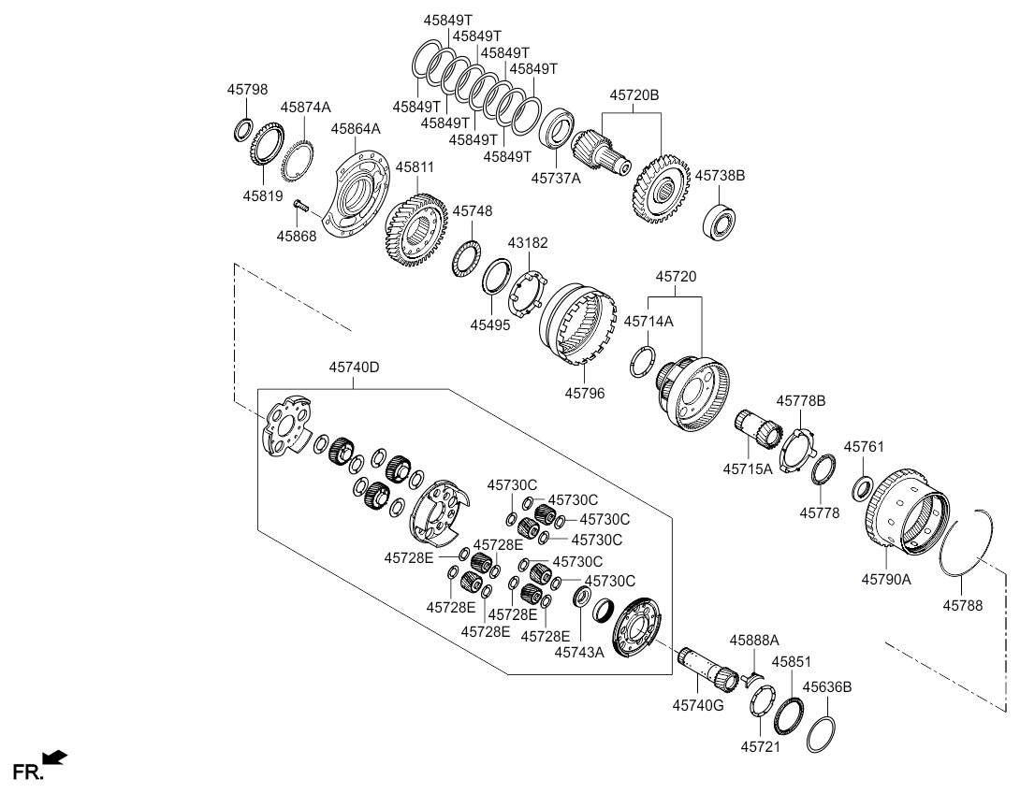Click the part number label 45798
pyautogui.click(x=247, y=90)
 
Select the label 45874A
pyautogui.click(x=304, y=108)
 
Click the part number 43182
pyautogui.click(x=528, y=243)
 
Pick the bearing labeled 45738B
pyautogui.click(x=722, y=219)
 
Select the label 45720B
pyautogui.click(x=634, y=95)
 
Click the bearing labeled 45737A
pyautogui.click(x=559, y=128)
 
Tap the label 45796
pyautogui.click(x=584, y=394)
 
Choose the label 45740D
pyautogui.click(x=353, y=368)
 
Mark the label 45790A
pyautogui.click(x=886, y=580)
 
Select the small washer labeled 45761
pyautogui.click(x=863, y=486)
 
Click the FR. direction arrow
pyautogui.click(x=55, y=757)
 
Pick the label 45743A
pyautogui.click(x=580, y=652)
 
